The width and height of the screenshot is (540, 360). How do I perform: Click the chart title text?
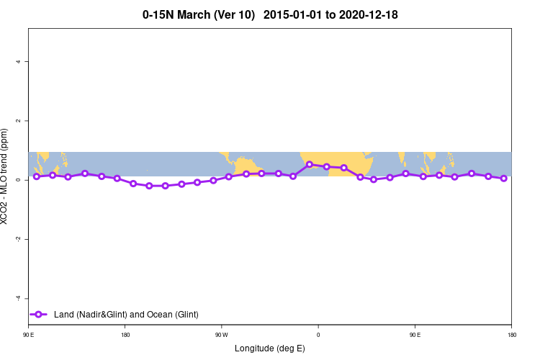click(270, 14)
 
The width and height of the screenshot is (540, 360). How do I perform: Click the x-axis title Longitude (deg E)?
click(270, 348)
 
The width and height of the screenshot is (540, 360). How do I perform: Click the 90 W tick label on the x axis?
click(221, 335)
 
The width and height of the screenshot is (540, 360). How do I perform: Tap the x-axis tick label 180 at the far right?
click(510, 335)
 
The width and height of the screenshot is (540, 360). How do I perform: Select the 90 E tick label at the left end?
click(29, 335)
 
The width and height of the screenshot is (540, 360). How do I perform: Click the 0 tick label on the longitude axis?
click(318, 335)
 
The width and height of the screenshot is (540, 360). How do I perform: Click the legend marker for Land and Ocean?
click(39, 314)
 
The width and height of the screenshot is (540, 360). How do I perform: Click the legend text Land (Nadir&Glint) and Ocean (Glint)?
click(126, 315)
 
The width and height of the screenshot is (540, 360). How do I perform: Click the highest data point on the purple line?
click(310, 164)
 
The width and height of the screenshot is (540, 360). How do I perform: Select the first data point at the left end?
click(36, 176)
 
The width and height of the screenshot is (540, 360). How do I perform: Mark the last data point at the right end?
click(504, 179)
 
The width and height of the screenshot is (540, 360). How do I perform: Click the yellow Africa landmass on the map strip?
click(338, 162)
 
